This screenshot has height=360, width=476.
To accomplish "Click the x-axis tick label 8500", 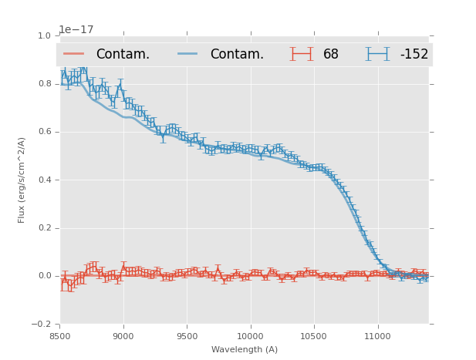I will coord(60,336).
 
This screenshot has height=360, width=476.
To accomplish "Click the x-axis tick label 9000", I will coord(123,336).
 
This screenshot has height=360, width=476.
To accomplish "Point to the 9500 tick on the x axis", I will coord(187,336).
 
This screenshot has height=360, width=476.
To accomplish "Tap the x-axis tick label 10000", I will coord(250,336).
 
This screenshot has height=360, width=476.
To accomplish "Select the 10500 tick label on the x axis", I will coord(313,336).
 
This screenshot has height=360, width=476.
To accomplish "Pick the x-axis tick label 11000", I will coord(376,336).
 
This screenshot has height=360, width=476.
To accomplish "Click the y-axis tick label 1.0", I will coord(43,35).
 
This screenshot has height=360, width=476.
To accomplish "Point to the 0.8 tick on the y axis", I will coord(43,83).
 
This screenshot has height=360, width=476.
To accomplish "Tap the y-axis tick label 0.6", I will coord(43,132).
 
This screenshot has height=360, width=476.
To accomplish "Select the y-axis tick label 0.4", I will coord(43,180).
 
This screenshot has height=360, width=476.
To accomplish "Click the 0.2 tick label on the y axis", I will coord(43,228).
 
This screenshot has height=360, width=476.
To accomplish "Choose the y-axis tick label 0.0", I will coord(43,276).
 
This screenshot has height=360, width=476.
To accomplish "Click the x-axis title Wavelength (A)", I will coord(245,349).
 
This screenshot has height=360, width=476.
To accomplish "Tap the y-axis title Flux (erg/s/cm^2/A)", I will coord(22,180).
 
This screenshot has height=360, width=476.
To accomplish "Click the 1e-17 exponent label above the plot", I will coord(76,30).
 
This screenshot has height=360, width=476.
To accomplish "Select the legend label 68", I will coord(330,55).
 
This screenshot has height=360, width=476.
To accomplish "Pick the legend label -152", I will coord(414,55).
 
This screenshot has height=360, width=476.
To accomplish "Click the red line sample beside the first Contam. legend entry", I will coord(74,54).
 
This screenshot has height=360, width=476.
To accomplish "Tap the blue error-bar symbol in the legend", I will coord(377,54).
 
